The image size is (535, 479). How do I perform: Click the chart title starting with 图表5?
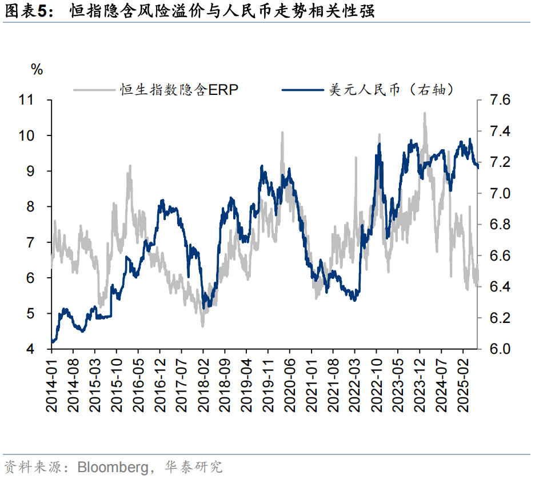point(189,11)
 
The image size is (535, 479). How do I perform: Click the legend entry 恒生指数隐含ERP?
point(179,89)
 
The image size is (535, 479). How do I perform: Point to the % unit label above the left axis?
point(37,70)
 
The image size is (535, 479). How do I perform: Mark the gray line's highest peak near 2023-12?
point(424,113)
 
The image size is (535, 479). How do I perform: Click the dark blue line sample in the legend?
point(304,89)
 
